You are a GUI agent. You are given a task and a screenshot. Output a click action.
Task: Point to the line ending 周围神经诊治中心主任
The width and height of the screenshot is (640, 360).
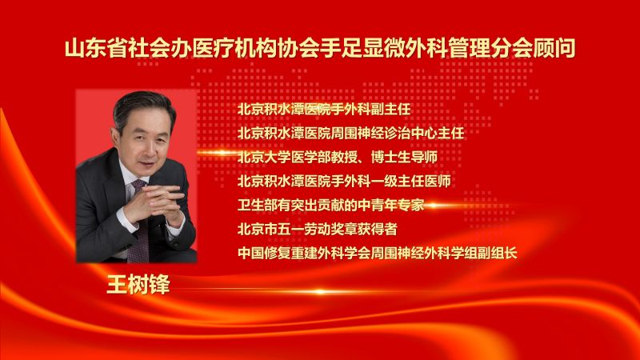tap(351, 131)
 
